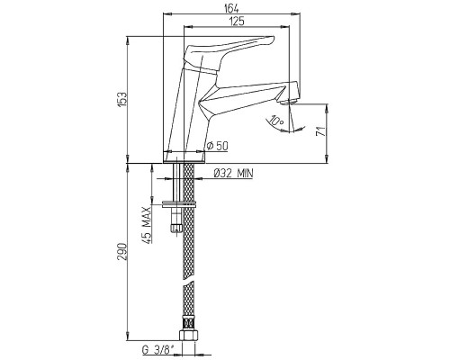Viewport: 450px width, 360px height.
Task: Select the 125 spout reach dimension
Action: pos(237,22)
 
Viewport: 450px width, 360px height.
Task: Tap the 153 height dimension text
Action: pos(123,99)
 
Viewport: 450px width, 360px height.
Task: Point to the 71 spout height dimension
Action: pos(321,131)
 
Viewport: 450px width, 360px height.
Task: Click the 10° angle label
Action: pos(276,121)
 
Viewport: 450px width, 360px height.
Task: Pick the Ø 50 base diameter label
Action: pos(218,146)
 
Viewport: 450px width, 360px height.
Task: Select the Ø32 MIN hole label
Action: pos(233,173)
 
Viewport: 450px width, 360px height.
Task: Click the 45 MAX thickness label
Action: pos(147,225)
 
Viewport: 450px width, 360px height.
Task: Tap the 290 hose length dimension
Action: pos(123,251)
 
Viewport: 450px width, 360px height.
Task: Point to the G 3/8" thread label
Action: pos(157,350)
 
